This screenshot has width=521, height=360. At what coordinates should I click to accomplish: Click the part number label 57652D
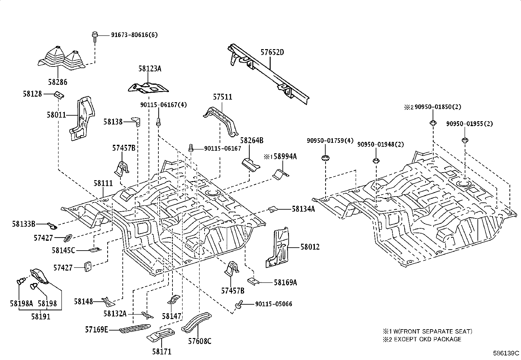(x=272, y=52)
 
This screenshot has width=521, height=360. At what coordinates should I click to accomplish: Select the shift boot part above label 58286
(x=62, y=59)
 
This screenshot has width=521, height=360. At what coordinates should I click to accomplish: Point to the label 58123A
(x=150, y=69)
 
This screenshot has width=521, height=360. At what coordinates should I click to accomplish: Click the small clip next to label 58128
(x=59, y=95)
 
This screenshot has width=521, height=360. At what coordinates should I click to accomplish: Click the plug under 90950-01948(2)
(x=376, y=161)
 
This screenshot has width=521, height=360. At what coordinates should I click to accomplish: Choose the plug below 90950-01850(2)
(x=433, y=123)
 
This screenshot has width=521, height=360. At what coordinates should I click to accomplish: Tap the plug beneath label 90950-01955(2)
(x=465, y=140)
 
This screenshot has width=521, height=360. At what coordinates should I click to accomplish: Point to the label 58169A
(x=285, y=282)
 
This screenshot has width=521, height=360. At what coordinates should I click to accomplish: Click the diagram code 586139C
(x=506, y=353)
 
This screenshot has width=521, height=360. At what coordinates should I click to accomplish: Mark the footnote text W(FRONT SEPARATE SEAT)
(x=433, y=332)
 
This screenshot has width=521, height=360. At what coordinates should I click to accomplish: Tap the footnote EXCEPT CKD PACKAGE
(x=427, y=339)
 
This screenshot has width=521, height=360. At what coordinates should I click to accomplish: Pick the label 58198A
(x=21, y=303)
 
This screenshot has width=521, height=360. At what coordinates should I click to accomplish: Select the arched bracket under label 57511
(x=221, y=122)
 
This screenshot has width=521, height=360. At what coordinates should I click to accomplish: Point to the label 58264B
(x=252, y=140)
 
